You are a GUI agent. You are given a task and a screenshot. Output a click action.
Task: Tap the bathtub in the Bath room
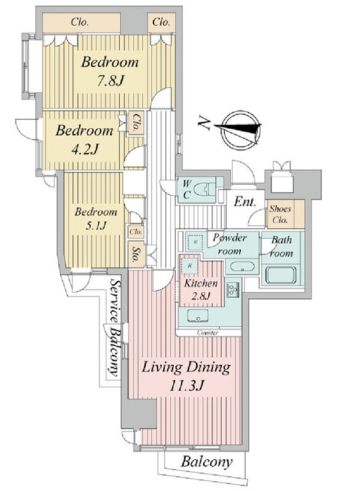(x=281, y=275)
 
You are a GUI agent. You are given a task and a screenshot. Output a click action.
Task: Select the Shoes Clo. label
(x=280, y=214)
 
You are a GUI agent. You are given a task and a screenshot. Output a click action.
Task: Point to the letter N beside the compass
(x=204, y=123)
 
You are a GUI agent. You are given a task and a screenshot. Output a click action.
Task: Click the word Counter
(x=208, y=333)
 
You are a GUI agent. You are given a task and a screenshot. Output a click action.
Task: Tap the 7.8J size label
(x=110, y=82)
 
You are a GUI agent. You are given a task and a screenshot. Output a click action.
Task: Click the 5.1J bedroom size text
(x=95, y=225)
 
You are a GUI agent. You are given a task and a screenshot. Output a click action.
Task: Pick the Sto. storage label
(x=136, y=254)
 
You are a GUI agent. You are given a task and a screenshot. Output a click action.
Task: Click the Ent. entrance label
(x=245, y=202)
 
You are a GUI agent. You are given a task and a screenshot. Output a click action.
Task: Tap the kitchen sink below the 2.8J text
(x=198, y=315)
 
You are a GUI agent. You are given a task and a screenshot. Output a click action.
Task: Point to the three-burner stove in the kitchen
(x=233, y=290)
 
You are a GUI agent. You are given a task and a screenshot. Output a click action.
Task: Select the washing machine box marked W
(x=195, y=242)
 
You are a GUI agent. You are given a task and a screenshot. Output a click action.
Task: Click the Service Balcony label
(x=114, y=328)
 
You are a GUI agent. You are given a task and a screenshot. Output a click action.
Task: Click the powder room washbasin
(x=242, y=267)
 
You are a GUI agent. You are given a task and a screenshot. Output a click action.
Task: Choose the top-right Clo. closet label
(x=161, y=22)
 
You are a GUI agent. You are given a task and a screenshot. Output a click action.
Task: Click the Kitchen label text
(x=200, y=284)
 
